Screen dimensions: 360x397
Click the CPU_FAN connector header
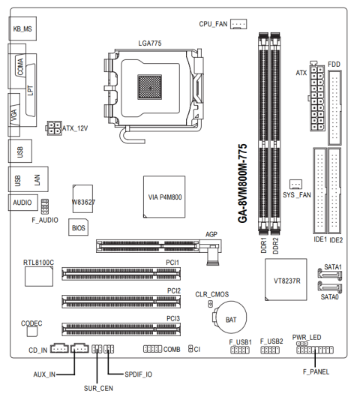click(238, 24)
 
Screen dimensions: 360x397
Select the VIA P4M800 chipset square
click(164, 197)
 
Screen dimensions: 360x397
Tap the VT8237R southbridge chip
click(286, 279)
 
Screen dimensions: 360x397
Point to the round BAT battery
click(229, 317)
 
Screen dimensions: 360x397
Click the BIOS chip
click(79, 227)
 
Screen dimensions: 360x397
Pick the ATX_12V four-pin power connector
click(54, 128)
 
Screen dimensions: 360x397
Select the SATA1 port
click(330, 275)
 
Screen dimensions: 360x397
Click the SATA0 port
click(330, 287)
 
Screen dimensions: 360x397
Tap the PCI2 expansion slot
click(121, 301)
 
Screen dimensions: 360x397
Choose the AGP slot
click(158, 246)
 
